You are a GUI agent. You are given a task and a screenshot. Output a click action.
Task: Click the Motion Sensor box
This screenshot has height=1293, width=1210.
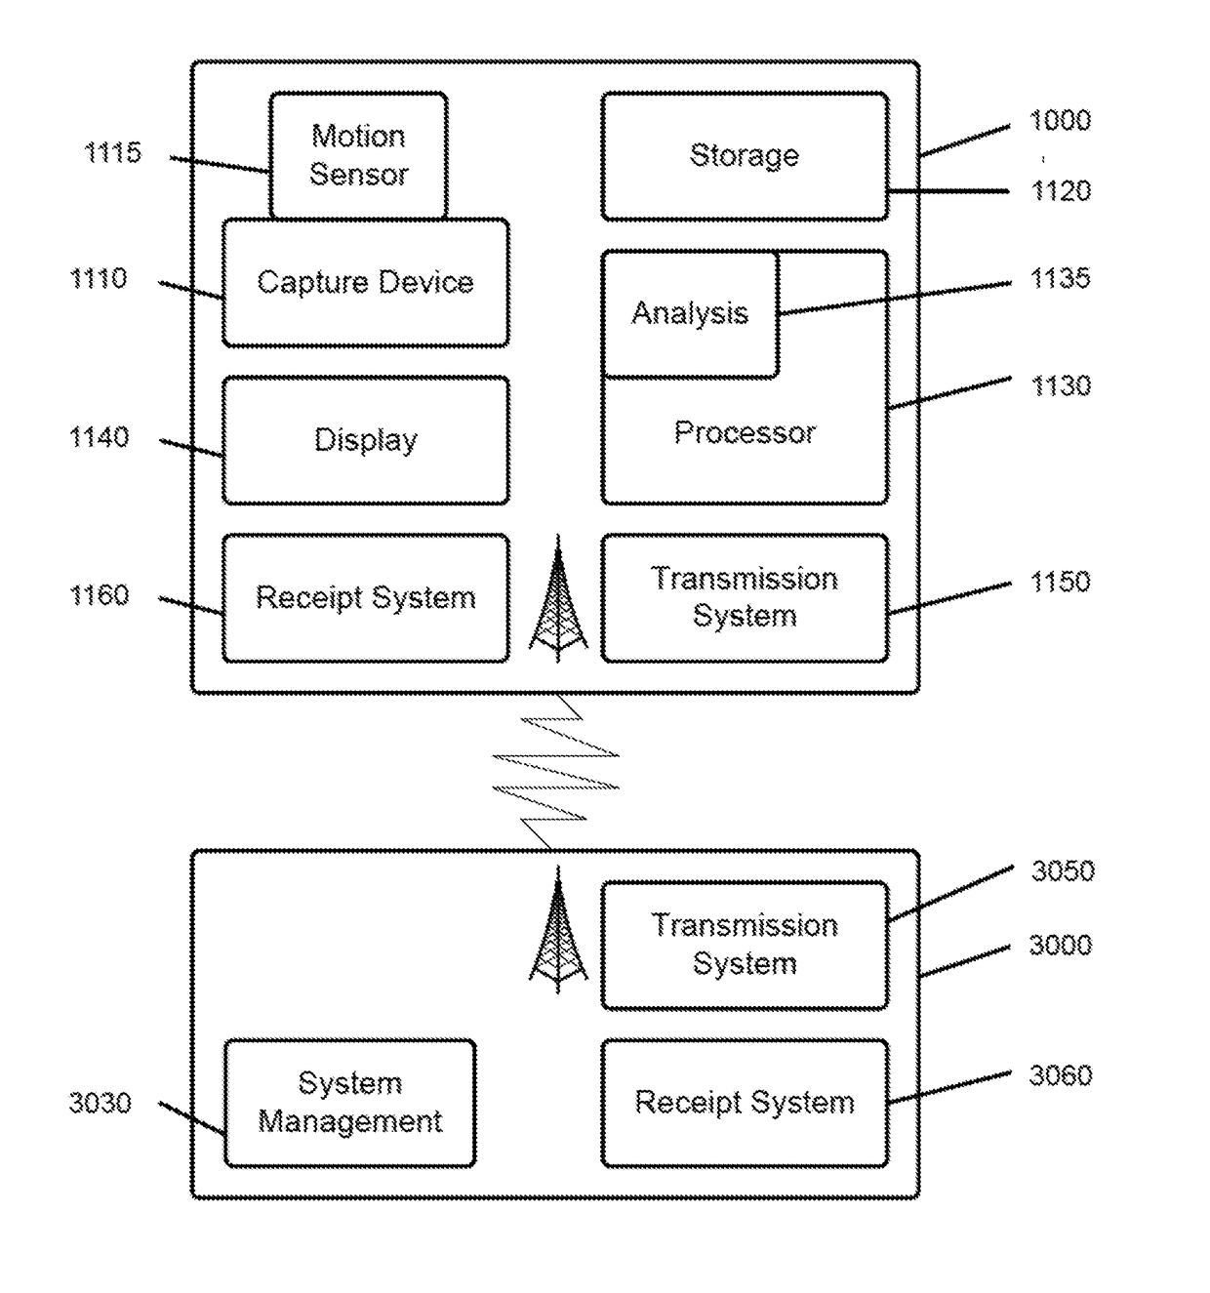coord(358,155)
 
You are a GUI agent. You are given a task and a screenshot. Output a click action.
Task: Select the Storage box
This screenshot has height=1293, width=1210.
coord(745,156)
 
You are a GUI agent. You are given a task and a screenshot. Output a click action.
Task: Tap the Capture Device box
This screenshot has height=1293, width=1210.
coord(365,283)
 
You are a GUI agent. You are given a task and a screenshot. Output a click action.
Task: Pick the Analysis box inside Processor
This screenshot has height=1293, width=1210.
coord(690,313)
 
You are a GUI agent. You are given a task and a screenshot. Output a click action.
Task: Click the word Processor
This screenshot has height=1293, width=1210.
coord(745,432)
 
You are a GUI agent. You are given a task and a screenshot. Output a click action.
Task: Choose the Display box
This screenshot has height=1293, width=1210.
coord(365,440)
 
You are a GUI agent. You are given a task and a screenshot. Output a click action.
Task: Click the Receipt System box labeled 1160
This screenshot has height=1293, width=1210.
coord(365,597)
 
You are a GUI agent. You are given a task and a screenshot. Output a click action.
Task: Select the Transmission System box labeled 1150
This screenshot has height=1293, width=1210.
coord(745,597)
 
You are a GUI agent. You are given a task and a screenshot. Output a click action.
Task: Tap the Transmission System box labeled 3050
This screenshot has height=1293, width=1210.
coord(745,945)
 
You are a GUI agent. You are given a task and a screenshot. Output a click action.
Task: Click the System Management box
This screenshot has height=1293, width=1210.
coord(349,1103)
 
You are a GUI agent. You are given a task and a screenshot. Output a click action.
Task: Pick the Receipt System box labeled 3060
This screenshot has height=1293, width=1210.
coord(745,1103)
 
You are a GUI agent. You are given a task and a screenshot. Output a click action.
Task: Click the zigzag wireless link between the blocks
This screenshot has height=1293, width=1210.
coord(556,771)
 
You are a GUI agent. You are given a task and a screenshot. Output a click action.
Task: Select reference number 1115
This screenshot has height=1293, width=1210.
coord(112,153)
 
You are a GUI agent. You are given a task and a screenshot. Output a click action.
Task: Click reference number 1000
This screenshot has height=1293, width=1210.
coord(1060,121)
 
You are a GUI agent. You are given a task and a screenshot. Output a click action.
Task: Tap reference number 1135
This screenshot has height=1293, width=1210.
coord(1060,279)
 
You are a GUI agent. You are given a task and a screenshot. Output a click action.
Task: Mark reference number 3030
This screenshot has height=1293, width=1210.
coord(100,1104)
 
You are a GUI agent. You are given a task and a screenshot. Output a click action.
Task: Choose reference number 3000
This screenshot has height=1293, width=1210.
coord(1060,945)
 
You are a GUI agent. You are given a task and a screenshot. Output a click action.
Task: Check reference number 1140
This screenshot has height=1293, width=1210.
coord(100,437)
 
